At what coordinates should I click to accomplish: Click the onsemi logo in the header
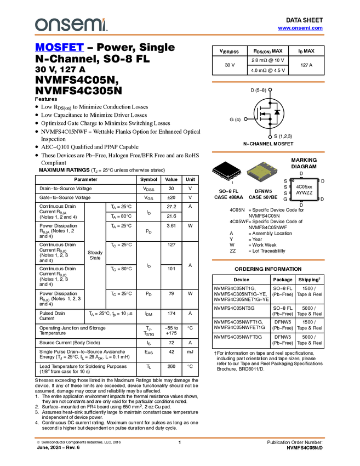click(71, 25)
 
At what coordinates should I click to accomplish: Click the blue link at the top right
click(300, 28)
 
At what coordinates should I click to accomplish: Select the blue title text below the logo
click(59, 48)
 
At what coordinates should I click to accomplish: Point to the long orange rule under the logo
click(179, 35)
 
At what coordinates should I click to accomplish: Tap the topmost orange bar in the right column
click(268, 82)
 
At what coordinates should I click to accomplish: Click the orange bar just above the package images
click(268, 152)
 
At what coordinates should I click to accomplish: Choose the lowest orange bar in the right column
click(268, 260)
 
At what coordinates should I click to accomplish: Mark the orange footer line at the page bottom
click(179, 438)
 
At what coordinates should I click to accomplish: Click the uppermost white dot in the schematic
click(270, 89)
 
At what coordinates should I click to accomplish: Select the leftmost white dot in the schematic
click(245, 119)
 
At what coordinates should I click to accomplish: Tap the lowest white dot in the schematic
click(270, 137)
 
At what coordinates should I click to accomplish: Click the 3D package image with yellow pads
click(262, 172)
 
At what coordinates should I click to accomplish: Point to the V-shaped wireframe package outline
click(227, 174)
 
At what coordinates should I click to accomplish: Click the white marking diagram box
click(304, 190)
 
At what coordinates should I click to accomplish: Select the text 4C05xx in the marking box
click(304, 187)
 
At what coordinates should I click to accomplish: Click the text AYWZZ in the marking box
click(304, 193)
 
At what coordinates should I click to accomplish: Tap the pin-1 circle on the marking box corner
click(293, 180)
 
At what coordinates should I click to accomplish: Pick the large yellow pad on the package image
click(260, 173)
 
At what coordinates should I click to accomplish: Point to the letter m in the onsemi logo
click(93, 25)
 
